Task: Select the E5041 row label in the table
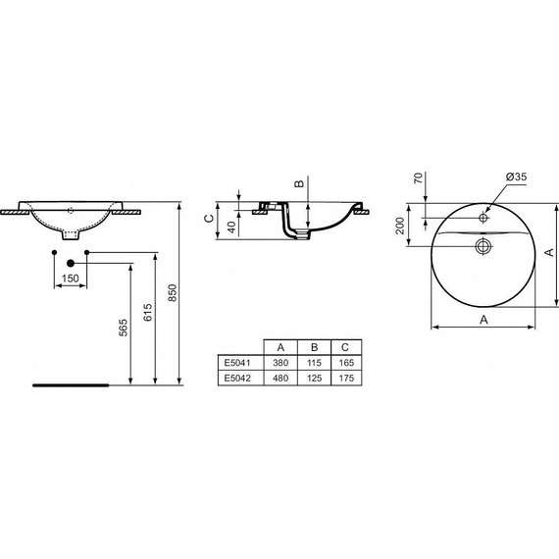[238, 362]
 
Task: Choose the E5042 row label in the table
[238, 377]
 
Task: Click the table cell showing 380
[281, 362]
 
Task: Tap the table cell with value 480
[281, 377]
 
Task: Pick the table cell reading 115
[314, 362]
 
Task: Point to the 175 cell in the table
[345, 377]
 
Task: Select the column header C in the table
[345, 347]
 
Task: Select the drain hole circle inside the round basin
[483, 244]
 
